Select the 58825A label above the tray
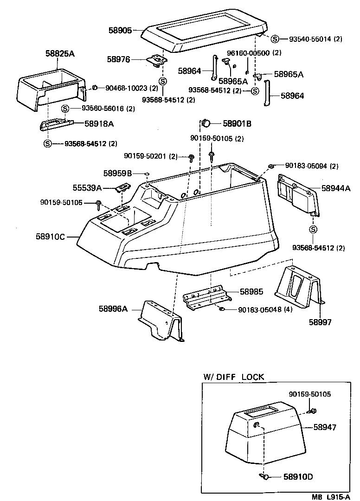point(60,54)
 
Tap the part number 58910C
point(51,237)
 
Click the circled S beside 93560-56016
point(65,109)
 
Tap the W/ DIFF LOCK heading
point(233,377)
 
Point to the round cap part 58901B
point(206,123)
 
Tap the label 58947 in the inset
point(324,427)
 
